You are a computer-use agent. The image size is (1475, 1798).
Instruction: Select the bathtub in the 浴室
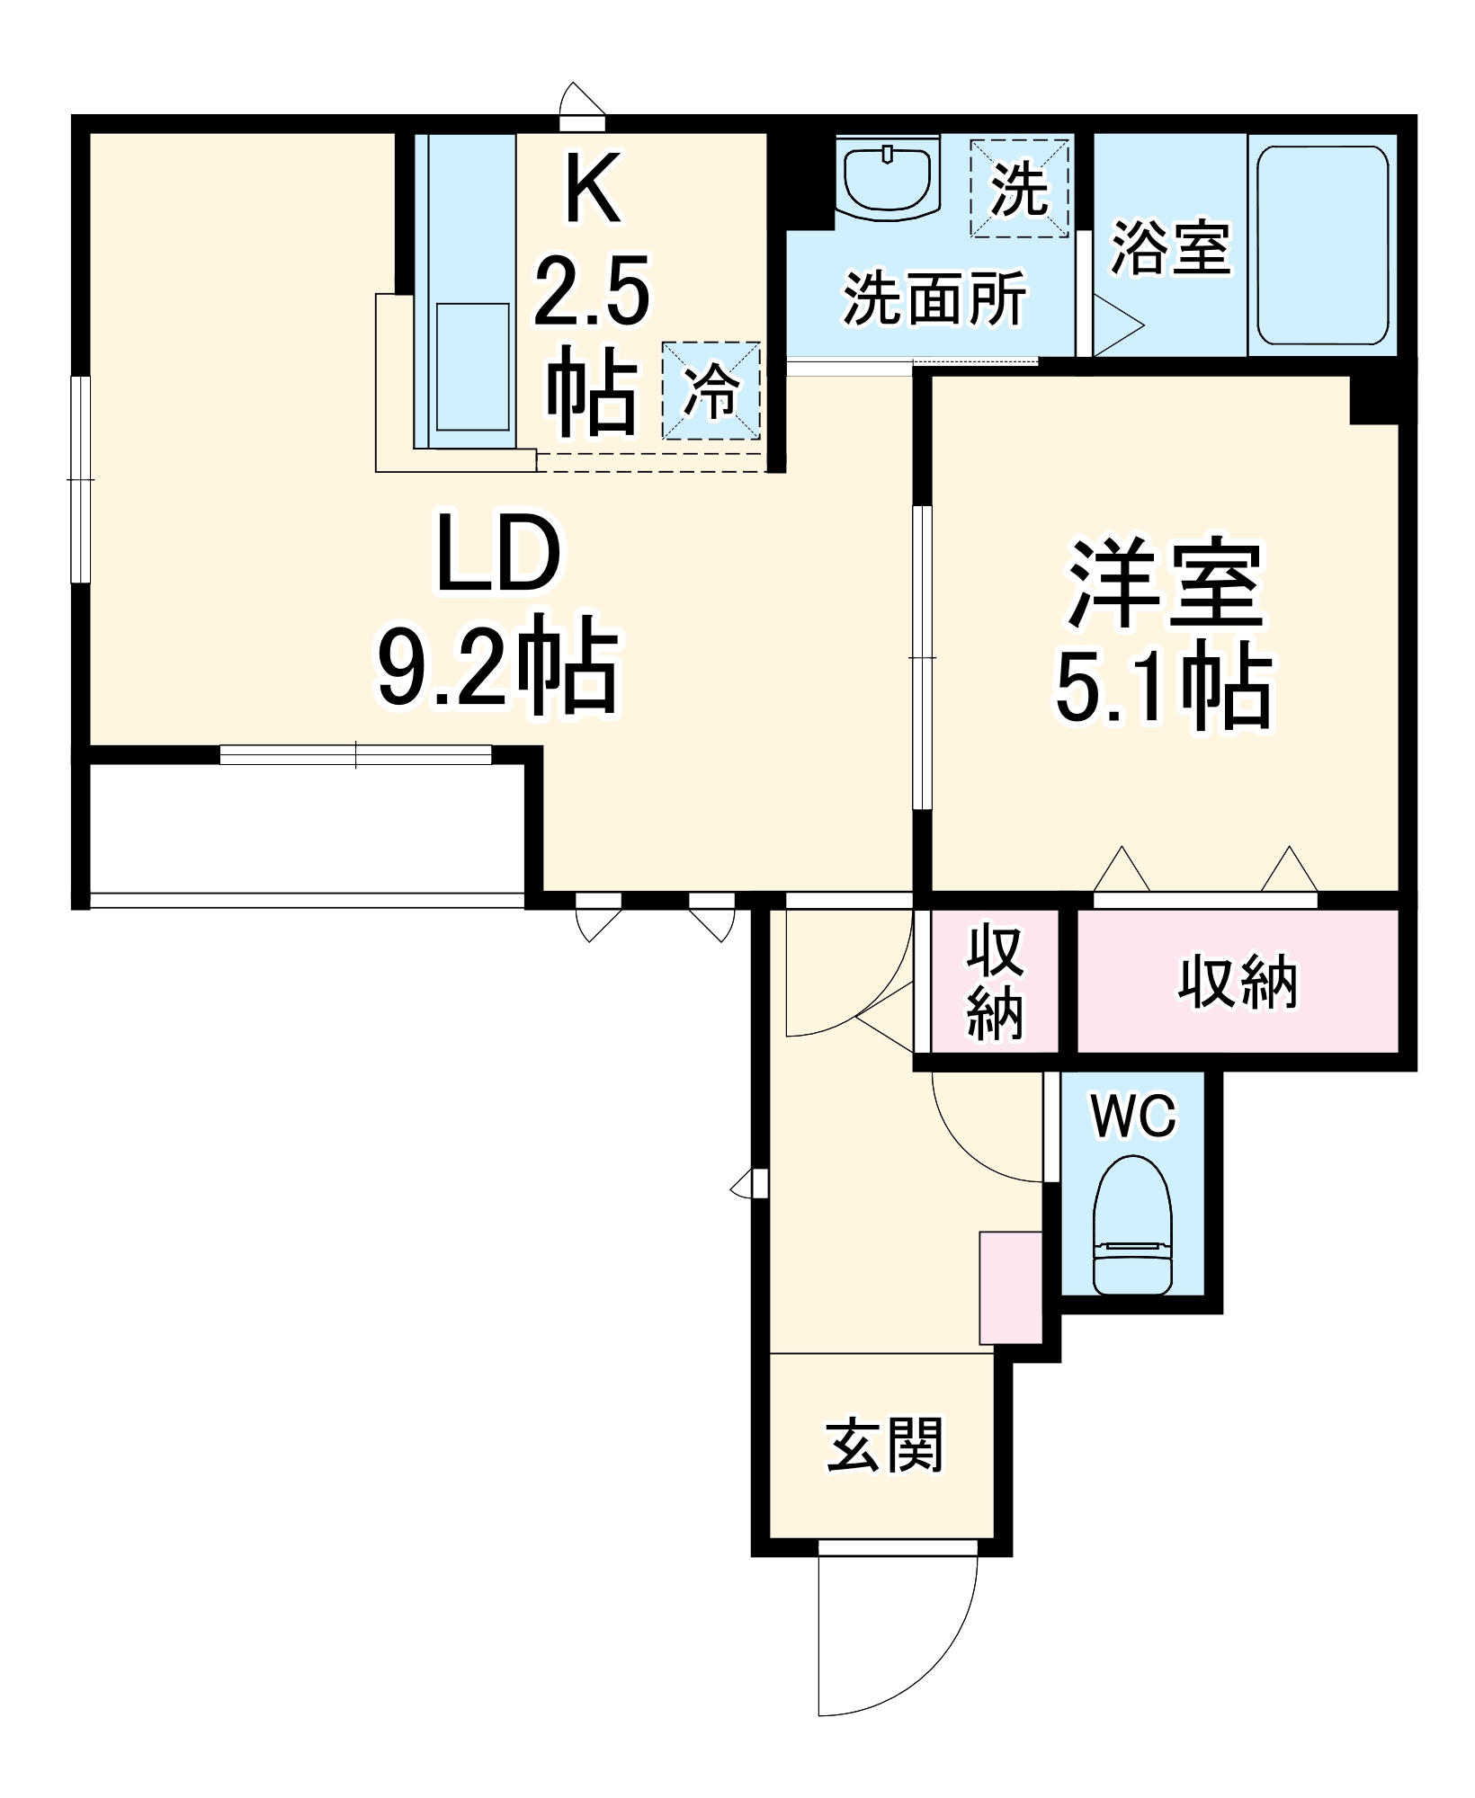(x=1322, y=245)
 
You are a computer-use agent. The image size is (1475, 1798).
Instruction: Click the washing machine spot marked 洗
(x=1019, y=188)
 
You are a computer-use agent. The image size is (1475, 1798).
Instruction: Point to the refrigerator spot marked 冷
(x=711, y=391)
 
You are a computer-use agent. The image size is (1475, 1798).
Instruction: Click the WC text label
(x=1133, y=1116)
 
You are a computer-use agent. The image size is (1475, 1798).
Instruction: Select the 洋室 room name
(x=1166, y=584)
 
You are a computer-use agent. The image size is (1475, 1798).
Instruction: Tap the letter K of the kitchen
(x=592, y=190)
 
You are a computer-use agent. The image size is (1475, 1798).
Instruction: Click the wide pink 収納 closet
(x=1238, y=981)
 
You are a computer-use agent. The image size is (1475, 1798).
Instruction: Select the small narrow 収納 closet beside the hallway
(x=995, y=981)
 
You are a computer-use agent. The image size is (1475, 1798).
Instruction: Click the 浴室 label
(x=1169, y=247)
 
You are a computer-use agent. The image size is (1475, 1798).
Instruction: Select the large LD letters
(x=497, y=556)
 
